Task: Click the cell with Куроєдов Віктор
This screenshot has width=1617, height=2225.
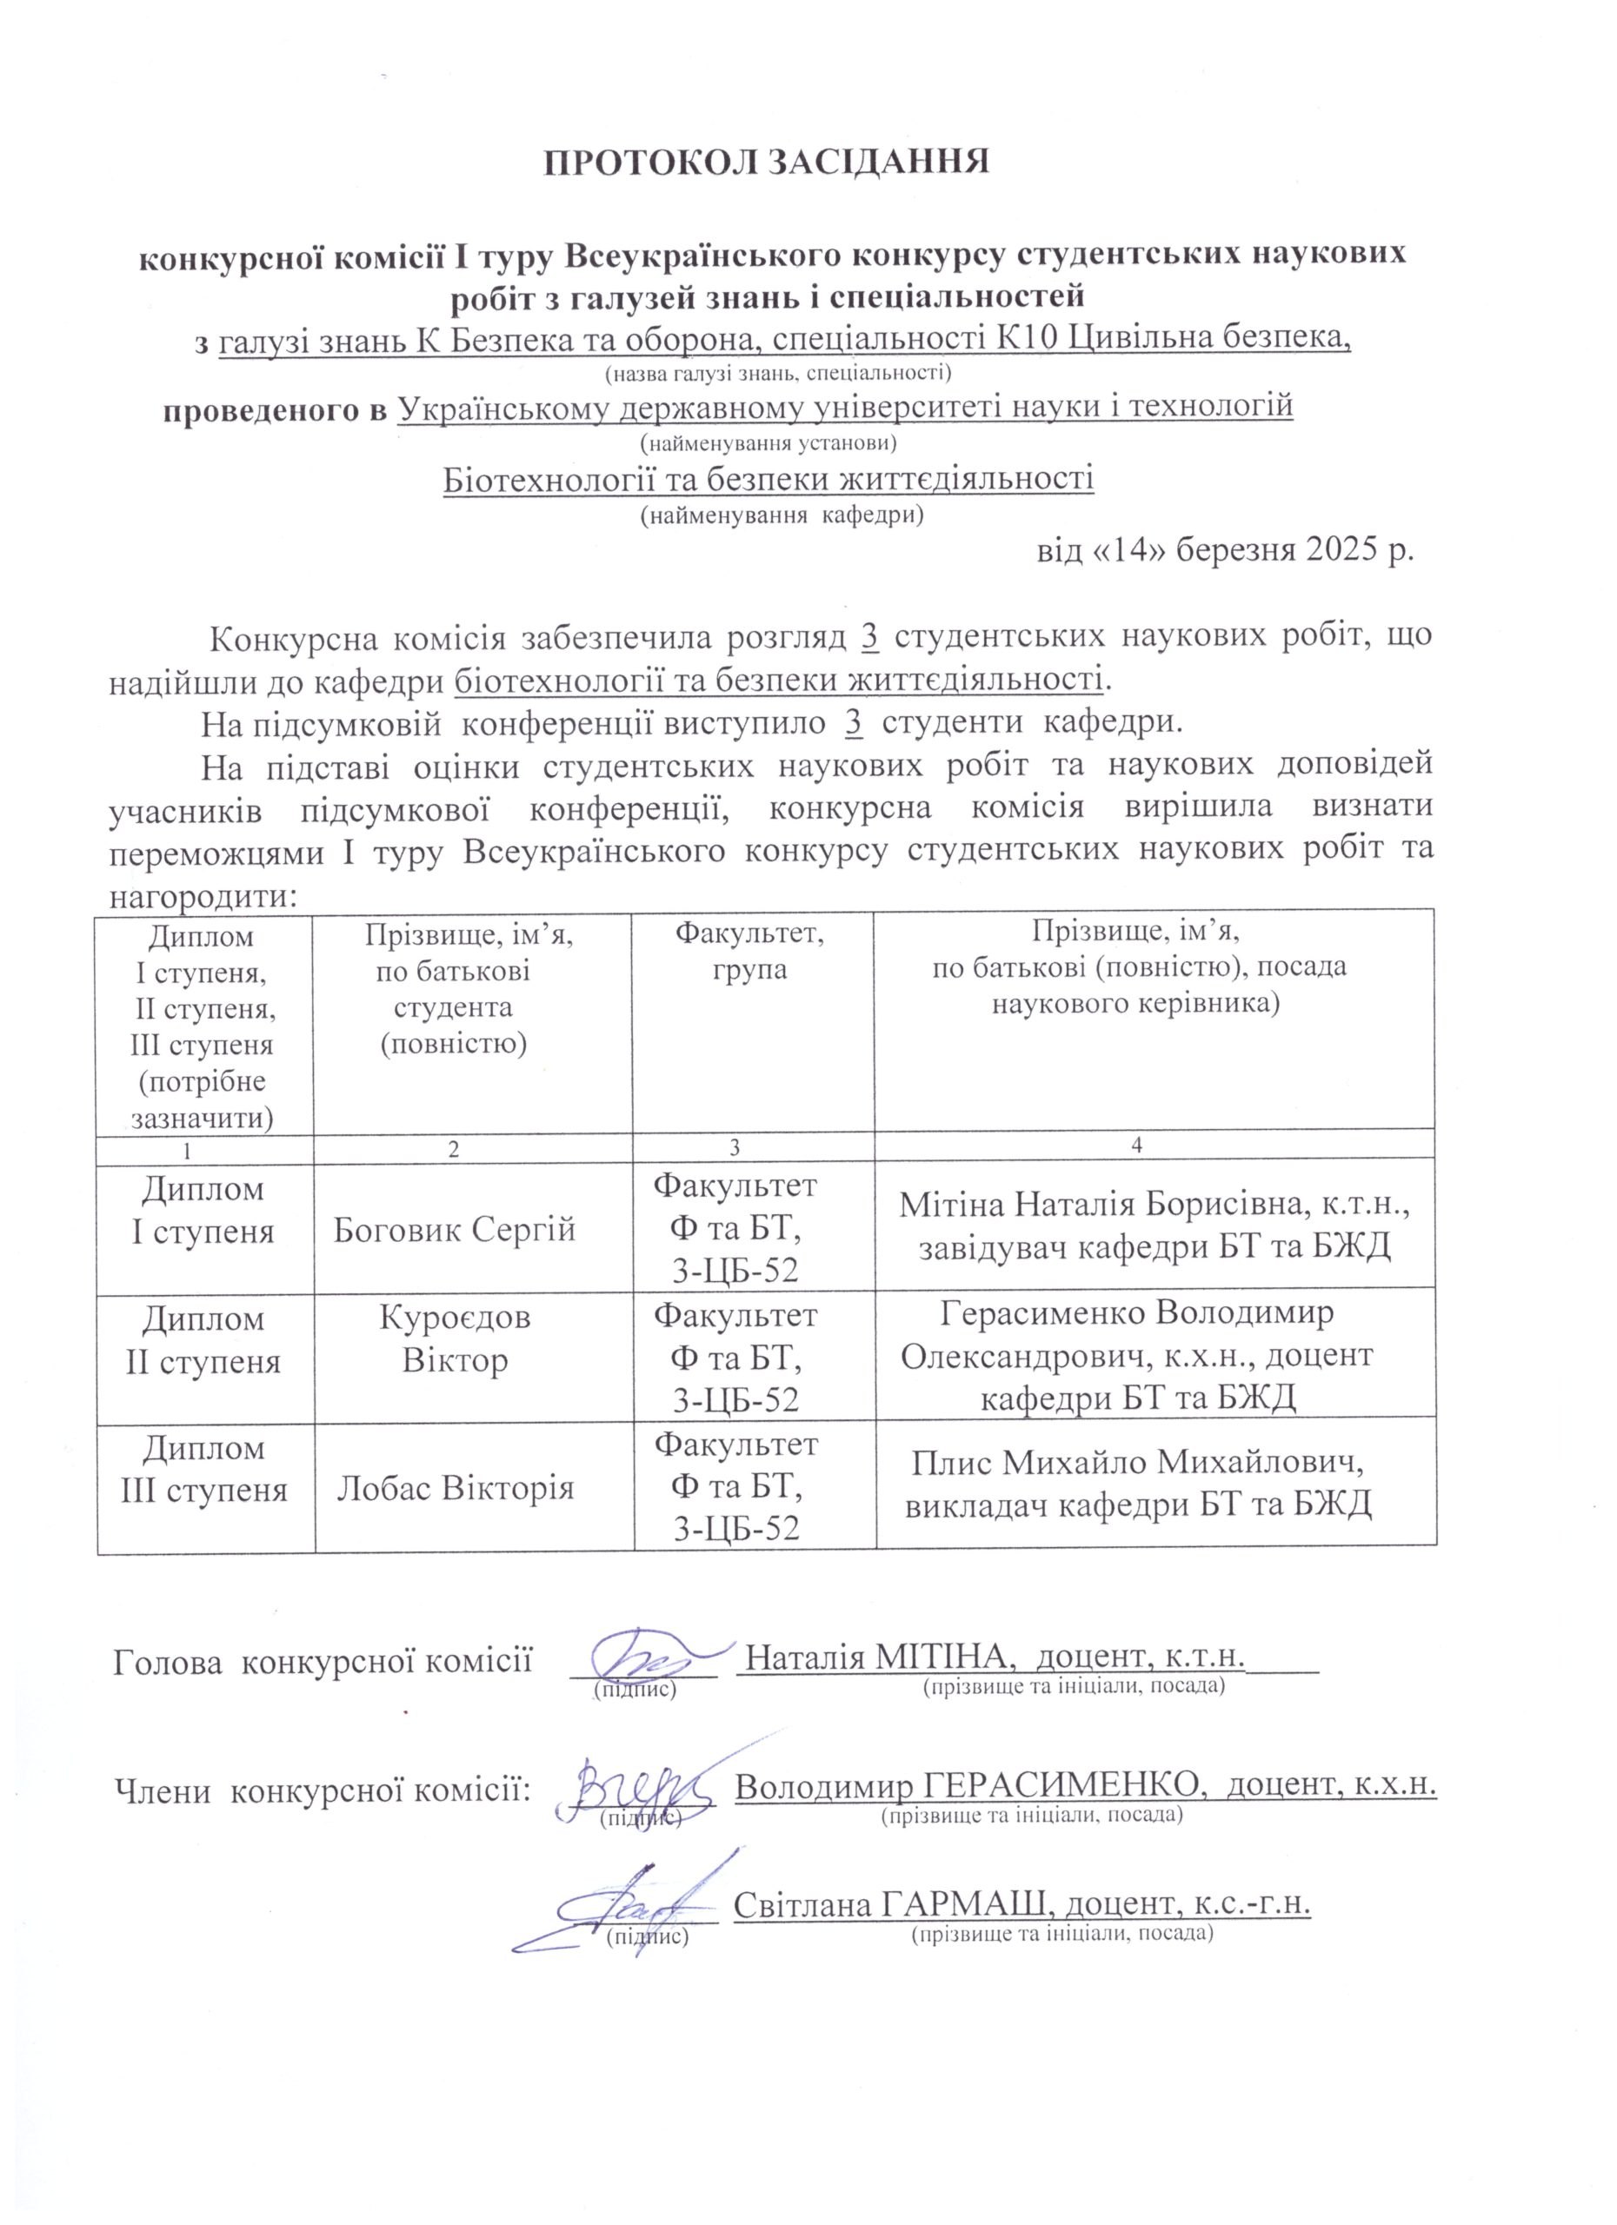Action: pos(455,1338)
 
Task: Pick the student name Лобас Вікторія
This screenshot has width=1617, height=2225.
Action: pos(455,1488)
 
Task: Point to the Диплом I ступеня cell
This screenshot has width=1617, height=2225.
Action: pos(203,1211)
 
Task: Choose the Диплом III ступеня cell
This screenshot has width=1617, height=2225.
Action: pos(203,1469)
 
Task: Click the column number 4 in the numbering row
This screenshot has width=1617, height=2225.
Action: pos(1137,1144)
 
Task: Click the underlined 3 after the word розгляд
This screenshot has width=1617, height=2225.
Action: pos(869,635)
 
